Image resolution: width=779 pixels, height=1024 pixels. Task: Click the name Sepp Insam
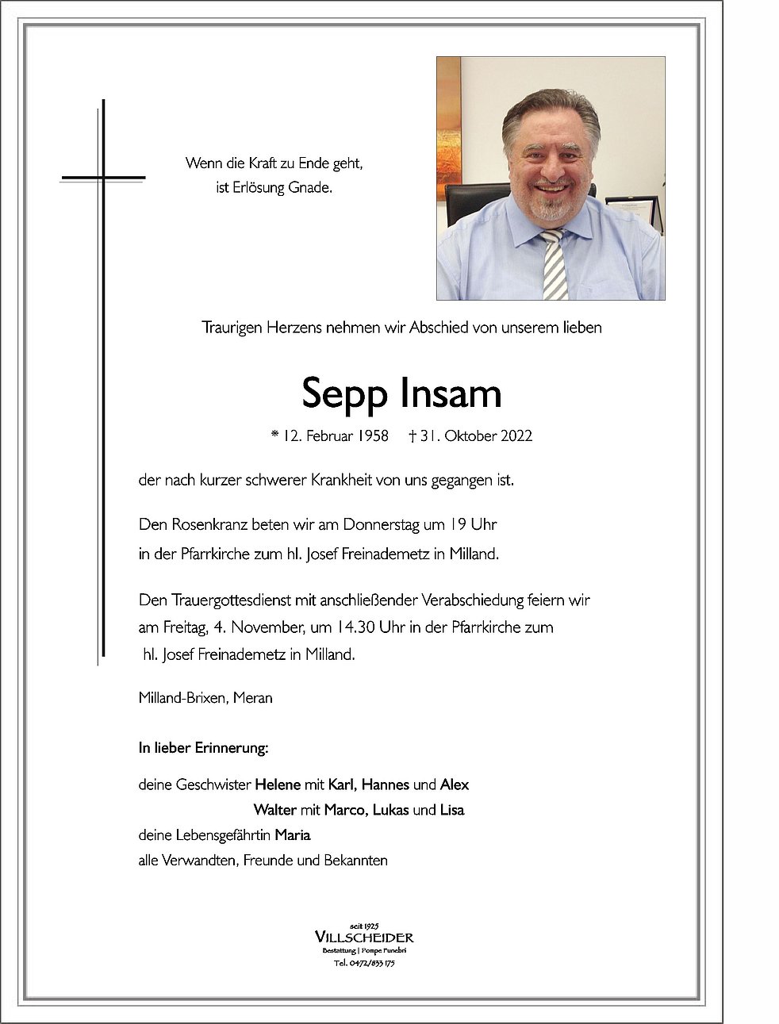401,393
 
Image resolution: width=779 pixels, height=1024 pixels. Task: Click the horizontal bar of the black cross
104,177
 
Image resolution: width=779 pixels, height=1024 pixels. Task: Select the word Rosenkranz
208,524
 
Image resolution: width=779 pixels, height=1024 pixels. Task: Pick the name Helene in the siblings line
277,784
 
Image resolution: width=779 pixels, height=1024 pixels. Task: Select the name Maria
293,834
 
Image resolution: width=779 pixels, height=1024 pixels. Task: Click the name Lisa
452,810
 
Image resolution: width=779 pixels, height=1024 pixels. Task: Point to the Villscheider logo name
364,938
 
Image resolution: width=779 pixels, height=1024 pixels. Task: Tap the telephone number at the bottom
364,963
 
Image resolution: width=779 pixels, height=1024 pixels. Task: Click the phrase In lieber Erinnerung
203,747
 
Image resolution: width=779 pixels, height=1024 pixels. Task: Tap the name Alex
455,784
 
